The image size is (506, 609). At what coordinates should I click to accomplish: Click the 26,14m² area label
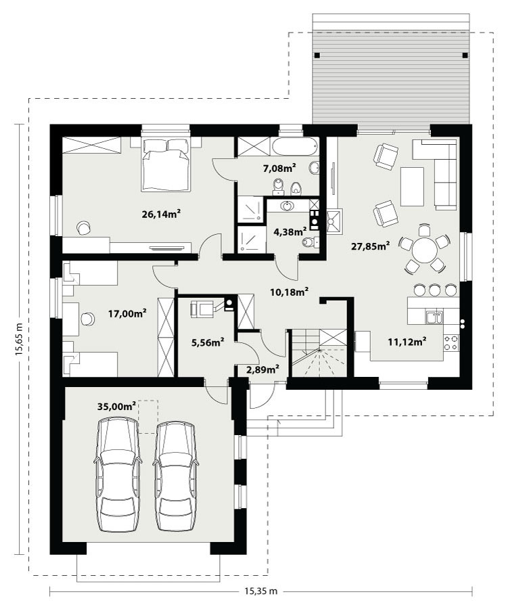point(161,214)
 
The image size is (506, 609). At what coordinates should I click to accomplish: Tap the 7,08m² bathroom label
point(279,168)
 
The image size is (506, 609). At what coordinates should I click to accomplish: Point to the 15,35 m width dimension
point(261,591)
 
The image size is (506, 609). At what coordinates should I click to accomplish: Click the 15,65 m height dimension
point(19,340)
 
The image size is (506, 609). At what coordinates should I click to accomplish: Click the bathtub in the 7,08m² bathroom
point(294,146)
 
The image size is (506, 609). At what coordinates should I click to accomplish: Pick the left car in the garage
point(118,474)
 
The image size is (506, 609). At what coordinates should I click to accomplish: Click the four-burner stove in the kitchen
point(451,342)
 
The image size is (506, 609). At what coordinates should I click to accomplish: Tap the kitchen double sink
point(434,317)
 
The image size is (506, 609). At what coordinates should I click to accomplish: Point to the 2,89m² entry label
point(263,369)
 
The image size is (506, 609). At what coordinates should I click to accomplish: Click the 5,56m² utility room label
point(208,342)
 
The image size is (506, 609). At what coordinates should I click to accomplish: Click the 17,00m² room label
point(127,313)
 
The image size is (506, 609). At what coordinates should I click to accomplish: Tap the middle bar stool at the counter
point(434,290)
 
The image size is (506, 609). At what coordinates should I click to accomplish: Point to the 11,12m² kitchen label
point(407,342)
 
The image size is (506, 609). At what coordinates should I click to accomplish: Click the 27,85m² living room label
point(371,246)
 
